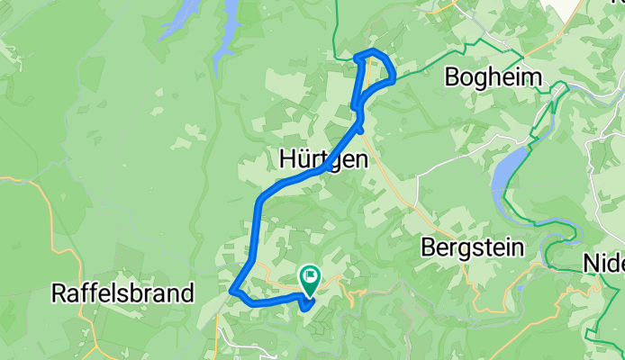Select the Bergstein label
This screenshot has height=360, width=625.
pos(473,247)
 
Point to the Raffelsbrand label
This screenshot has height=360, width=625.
pos(122,292)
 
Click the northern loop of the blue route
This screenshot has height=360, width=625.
pos(376,68)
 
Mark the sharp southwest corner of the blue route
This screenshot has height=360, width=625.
pos(233,291)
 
